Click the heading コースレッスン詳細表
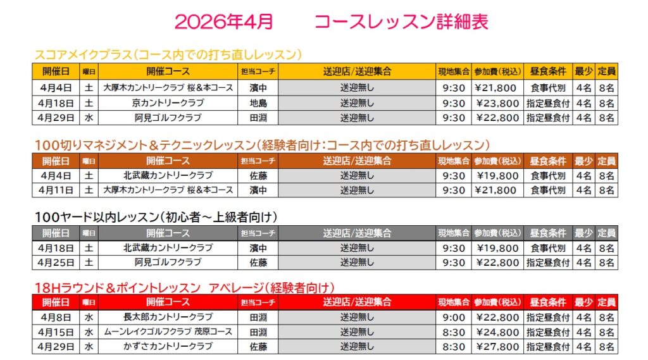point(401,22)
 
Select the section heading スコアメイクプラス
point(80,54)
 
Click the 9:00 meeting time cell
point(453,318)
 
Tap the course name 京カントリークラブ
point(168,102)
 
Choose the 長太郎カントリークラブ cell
point(168,318)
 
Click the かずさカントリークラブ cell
point(168,347)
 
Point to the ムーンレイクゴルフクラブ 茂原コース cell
point(168,332)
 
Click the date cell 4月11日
point(56,190)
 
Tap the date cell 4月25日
point(56,262)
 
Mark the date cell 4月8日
point(56,318)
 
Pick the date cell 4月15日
point(56,332)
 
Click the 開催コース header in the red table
point(168,302)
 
